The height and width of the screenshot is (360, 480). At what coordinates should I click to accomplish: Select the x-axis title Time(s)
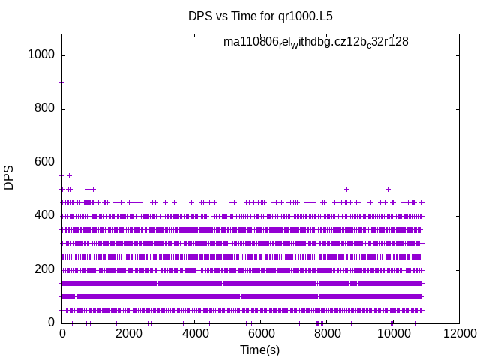coord(259,349)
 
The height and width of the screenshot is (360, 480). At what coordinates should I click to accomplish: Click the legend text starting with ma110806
coord(316,42)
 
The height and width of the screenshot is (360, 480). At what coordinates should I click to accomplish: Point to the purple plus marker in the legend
coord(430,43)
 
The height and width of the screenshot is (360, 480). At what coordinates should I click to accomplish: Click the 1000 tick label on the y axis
coord(43,55)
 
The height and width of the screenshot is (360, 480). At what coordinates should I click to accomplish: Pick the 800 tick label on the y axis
coord(46,109)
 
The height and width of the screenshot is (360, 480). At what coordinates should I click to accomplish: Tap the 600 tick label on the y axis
coord(46,162)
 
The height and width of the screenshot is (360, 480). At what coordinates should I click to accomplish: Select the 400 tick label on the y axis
coord(46,216)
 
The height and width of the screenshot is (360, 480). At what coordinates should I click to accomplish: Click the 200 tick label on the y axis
coord(46,269)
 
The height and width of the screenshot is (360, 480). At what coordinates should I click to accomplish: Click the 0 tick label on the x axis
coord(62,334)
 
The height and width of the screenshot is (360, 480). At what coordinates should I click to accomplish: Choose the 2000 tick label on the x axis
coord(128,334)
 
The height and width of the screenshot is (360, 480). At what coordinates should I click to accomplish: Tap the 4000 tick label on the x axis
coord(194,334)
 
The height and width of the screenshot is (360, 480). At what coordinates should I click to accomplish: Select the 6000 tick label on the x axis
coord(260,334)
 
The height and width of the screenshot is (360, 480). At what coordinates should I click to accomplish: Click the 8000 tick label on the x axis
coord(326,334)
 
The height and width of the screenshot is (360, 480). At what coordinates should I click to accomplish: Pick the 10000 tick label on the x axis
coord(392,334)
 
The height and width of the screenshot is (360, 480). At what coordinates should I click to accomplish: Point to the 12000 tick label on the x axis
coord(458,334)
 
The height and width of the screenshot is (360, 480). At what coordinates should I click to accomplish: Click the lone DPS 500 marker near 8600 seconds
coord(346,189)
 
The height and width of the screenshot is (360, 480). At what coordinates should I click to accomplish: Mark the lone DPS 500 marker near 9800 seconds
coord(388,189)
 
